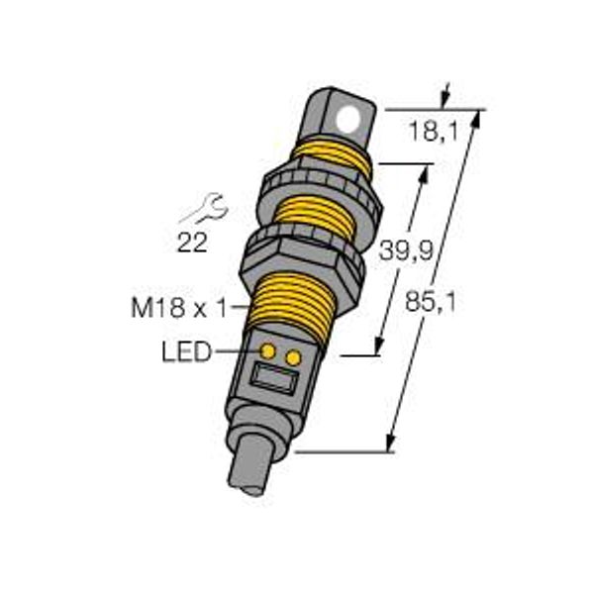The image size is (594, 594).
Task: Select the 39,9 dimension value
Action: (405, 250)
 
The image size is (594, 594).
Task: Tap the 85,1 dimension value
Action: (431, 302)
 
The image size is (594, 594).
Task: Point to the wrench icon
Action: (205, 208)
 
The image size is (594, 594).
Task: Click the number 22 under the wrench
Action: (192, 243)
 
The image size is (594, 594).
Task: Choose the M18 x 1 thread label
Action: (179, 307)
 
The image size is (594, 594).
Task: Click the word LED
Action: (186, 351)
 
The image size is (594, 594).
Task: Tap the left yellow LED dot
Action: (268, 351)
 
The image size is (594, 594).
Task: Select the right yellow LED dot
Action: (294, 358)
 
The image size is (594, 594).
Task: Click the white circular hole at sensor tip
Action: (348, 119)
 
